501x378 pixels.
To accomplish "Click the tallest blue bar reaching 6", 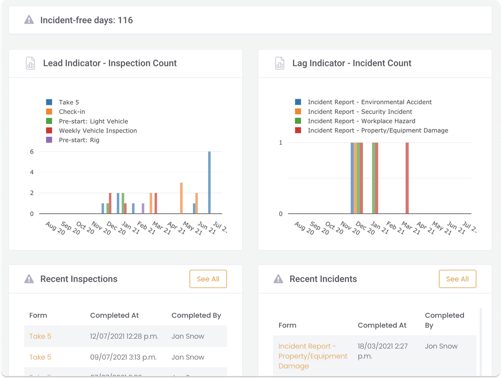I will [209, 183].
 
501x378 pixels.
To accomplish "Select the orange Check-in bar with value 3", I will [181, 198].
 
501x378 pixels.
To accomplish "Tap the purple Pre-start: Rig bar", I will [143, 208].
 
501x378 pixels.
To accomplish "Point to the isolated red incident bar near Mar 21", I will [407, 178].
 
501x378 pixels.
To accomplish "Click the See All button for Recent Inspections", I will [208, 279].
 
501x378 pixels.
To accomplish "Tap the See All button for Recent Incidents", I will [457, 279].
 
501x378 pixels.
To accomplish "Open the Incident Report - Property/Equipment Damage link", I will [313, 356].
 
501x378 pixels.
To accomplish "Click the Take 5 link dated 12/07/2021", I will [40, 336].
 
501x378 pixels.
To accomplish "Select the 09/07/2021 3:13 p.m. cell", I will [123, 357].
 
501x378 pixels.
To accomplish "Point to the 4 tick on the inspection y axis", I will [32, 173].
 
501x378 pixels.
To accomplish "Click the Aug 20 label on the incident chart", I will [304, 228].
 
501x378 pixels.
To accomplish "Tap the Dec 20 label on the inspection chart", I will [116, 228].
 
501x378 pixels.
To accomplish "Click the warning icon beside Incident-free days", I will [29, 20].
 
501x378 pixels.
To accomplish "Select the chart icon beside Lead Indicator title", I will [30, 63].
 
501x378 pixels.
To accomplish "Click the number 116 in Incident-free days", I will [125, 20].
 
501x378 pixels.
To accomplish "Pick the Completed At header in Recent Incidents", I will [382, 325].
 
